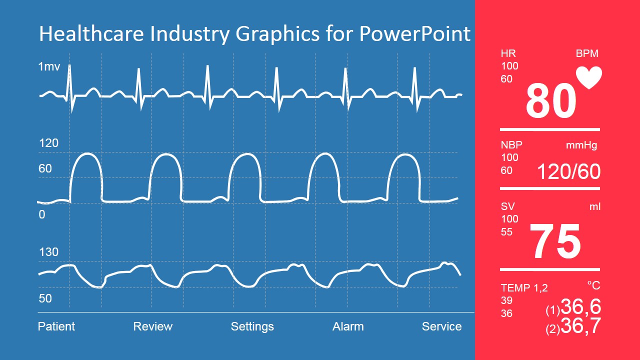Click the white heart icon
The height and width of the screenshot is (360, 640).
[x=589, y=77]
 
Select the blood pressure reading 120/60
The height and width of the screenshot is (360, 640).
[x=568, y=171]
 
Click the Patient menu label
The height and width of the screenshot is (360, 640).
[x=56, y=326]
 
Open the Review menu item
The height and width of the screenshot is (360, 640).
[x=152, y=326]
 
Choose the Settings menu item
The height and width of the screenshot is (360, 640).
[x=252, y=326]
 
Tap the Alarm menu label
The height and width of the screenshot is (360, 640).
[x=348, y=326]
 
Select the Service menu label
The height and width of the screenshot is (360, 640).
[x=441, y=326]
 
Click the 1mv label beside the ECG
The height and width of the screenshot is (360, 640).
[x=49, y=66]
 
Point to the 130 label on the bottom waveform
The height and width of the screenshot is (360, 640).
[x=48, y=252]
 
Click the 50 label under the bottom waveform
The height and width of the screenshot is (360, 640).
[x=45, y=298]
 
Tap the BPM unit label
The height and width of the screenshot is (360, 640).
[x=587, y=53]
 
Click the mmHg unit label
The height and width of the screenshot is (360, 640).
[x=581, y=145]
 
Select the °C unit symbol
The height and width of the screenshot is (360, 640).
[x=593, y=285]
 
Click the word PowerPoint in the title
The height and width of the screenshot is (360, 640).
[x=414, y=34]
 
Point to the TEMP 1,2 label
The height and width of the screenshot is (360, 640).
[x=524, y=288]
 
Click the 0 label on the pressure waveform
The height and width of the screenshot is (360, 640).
[x=42, y=214]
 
